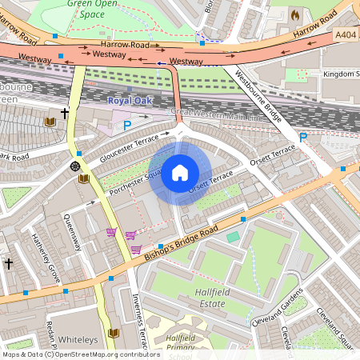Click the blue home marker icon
coord(180,173)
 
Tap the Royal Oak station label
coord(129,101)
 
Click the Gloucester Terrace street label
coord(130,149)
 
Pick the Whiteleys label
coord(76,339)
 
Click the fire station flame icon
coord(294,15)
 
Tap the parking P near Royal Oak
coord(126,125)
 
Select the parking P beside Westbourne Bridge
coord(303,138)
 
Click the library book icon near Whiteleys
coord(113,332)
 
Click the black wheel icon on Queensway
coord(75,166)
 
